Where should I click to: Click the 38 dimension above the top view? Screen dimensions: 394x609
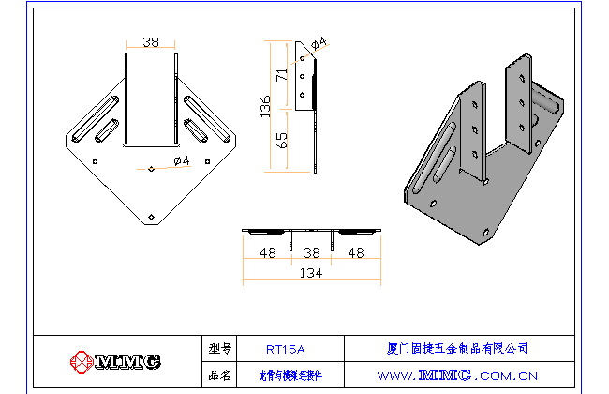click(150, 42)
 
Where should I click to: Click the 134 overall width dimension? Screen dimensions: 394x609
click(312, 273)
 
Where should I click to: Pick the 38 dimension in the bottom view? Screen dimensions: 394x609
click(312, 252)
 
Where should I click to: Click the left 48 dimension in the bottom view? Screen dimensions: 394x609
click(267, 252)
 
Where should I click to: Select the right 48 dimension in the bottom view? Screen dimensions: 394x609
click(357, 252)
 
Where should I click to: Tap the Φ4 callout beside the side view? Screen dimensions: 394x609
click(319, 43)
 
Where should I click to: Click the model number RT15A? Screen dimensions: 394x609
click(285, 349)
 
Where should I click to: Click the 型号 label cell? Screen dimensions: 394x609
click(219, 349)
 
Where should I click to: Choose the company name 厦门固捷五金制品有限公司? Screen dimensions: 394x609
click(457, 348)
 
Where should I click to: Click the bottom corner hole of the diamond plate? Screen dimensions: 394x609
click(152, 216)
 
